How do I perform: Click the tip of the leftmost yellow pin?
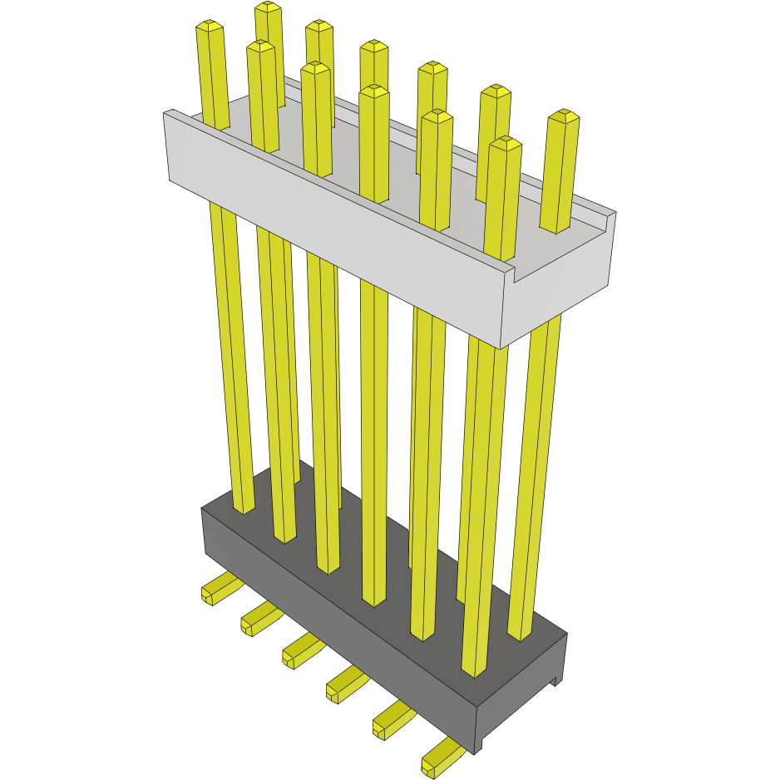tap(210, 27)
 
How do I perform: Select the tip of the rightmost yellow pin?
tap(564, 116)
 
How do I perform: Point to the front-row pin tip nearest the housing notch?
tap(505, 144)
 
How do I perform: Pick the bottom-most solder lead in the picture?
tap(439, 761)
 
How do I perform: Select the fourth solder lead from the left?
tap(342, 684)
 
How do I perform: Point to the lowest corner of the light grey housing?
tap(501, 348)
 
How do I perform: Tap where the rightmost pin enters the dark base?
tap(520, 635)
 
